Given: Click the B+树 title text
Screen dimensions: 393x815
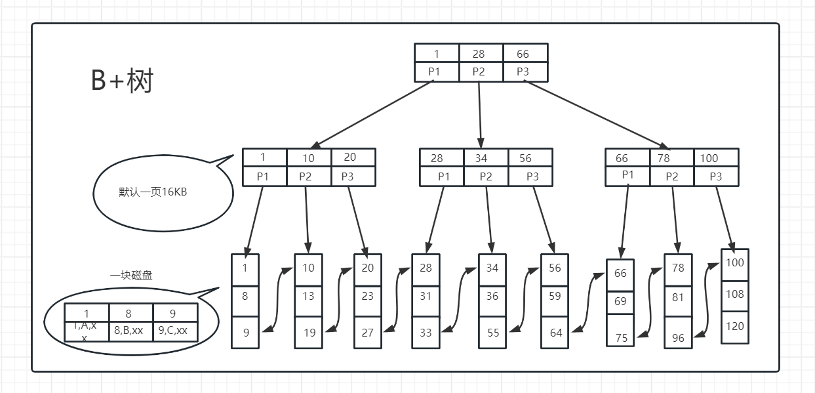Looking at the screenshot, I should point(122,81).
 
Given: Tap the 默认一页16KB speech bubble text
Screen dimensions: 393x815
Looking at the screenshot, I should point(153,192).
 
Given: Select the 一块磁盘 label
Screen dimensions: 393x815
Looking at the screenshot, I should point(131,276).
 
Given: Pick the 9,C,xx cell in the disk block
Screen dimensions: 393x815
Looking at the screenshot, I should point(173,331).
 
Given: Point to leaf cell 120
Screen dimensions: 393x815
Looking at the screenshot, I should point(734,326).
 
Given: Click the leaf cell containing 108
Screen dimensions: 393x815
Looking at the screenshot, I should point(734,294).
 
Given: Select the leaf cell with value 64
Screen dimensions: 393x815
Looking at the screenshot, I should point(555,333).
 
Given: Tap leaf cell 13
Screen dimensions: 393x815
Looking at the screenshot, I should point(309,296).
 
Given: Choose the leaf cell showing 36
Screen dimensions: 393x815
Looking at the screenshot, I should point(492,296).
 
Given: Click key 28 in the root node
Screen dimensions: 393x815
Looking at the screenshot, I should point(479,54).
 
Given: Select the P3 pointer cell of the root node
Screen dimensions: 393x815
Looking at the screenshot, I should point(523,72).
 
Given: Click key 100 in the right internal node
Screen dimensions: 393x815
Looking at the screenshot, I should point(709,158).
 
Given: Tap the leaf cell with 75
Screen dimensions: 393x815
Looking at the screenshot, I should point(621,338).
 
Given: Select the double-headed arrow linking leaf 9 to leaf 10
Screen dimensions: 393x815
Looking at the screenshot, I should point(278,299).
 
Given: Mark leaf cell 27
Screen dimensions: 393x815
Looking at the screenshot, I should point(367,333).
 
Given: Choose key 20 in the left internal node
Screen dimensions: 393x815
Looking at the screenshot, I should point(350,157).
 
